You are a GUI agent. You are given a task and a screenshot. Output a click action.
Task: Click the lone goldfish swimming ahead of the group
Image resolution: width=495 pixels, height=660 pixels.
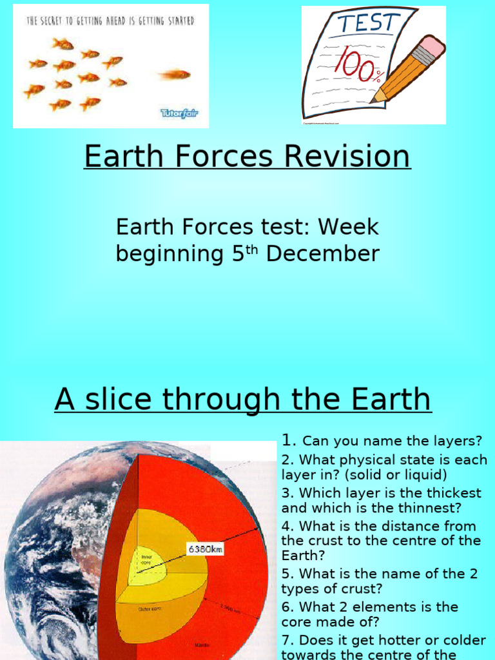[x=175, y=75]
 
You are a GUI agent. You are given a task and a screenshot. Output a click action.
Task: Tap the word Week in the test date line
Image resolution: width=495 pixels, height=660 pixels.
[x=349, y=227]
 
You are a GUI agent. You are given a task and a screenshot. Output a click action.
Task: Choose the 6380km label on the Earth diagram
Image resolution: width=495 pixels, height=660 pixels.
[x=205, y=549]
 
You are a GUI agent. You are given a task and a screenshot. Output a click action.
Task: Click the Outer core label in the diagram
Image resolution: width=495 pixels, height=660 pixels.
[x=149, y=608]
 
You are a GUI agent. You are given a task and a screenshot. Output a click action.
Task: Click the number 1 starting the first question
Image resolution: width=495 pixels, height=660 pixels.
[x=287, y=440]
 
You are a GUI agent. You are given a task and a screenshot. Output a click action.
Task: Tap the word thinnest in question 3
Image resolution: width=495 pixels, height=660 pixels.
[x=431, y=508]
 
